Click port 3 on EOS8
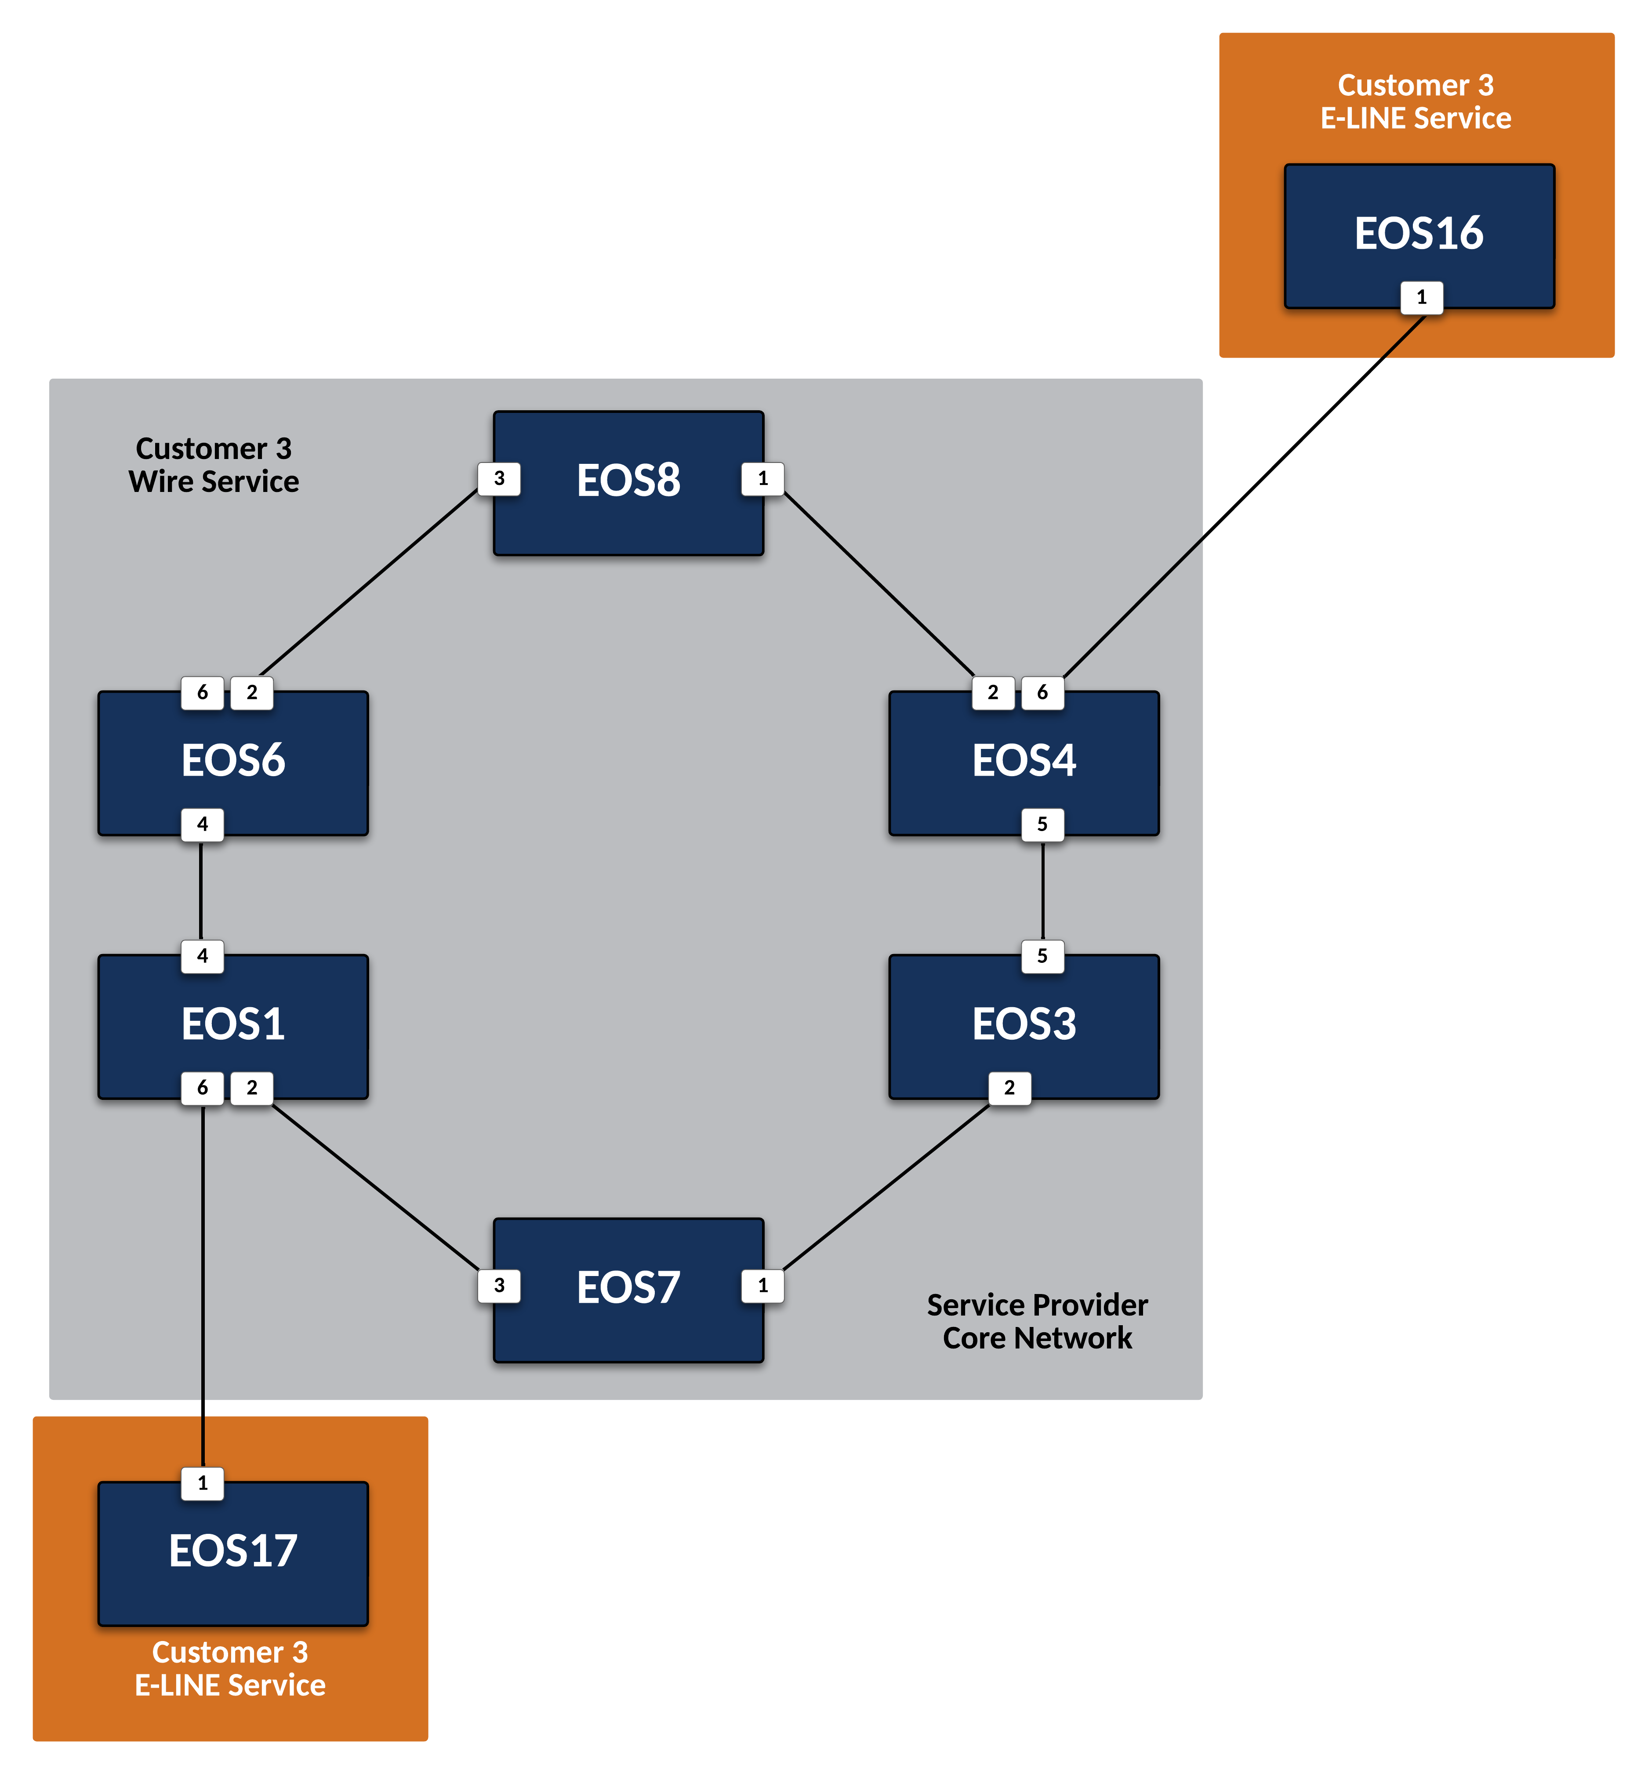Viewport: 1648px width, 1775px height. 499,479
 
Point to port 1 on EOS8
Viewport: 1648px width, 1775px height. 762,479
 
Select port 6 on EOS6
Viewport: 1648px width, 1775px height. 203,693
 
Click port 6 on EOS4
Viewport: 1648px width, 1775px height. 1042,693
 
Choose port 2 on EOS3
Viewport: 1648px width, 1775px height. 1009,1088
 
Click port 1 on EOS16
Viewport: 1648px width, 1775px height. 1422,297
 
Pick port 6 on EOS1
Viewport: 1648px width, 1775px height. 203,1088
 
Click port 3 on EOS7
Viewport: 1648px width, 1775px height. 499,1286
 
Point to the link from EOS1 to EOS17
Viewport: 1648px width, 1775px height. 203,1284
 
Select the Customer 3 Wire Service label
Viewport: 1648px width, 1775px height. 214,464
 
